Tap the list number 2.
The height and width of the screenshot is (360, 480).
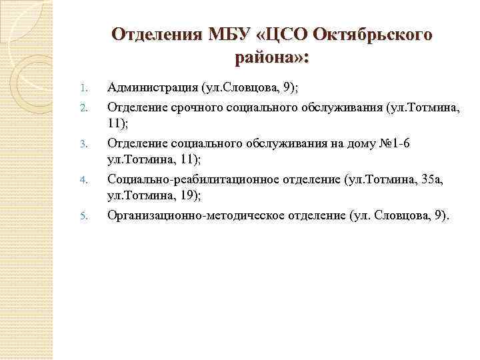click(x=84, y=107)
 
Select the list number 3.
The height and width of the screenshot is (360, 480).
click(x=84, y=143)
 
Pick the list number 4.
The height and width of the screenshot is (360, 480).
click(x=84, y=179)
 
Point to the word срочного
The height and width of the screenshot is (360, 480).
click(x=197, y=107)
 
